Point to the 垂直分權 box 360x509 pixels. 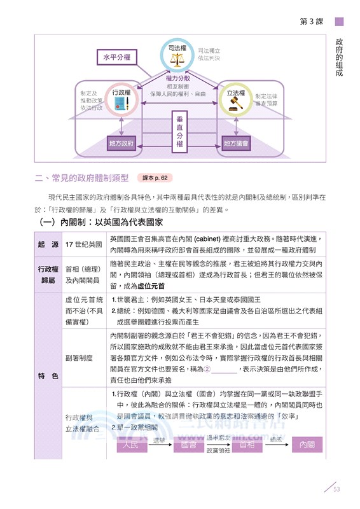pyautogui.click(x=179, y=130)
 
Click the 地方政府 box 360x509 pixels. pyautogui.click(x=121, y=144)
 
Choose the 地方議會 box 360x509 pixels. pyautogui.click(x=237, y=144)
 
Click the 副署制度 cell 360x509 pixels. pyautogui.click(x=79, y=358)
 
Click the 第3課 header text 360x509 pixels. pyautogui.click(x=311, y=21)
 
